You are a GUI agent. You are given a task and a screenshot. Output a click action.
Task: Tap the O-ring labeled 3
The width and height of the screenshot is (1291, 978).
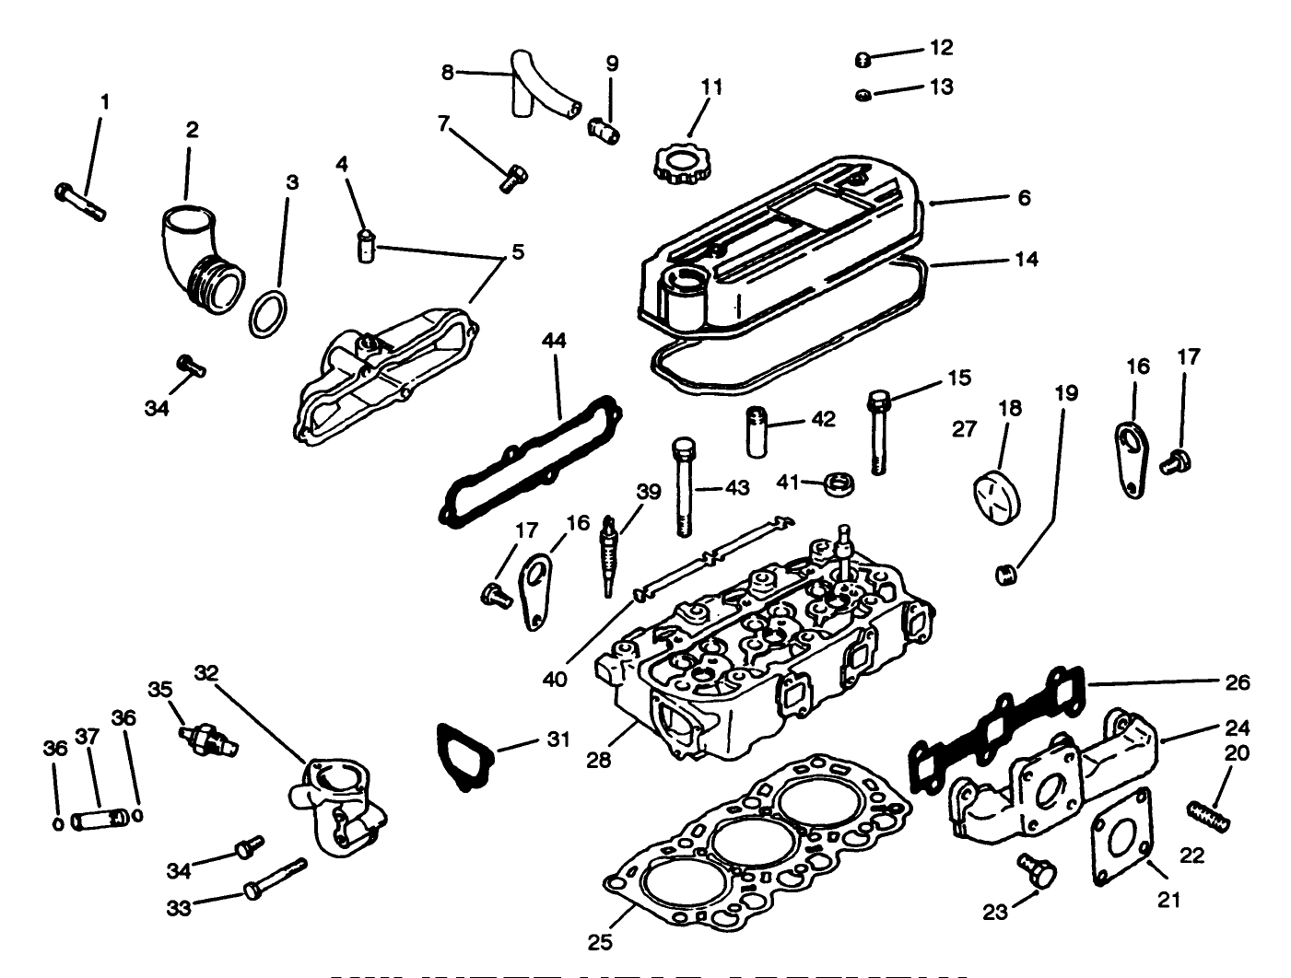coord(266,315)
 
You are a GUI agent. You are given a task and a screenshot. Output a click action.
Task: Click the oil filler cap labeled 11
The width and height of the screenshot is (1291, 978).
coord(679,165)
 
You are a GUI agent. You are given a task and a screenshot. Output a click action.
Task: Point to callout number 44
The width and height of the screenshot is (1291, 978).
coord(554,341)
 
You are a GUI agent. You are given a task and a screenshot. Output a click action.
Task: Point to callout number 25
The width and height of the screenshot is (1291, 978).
coord(600,942)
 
